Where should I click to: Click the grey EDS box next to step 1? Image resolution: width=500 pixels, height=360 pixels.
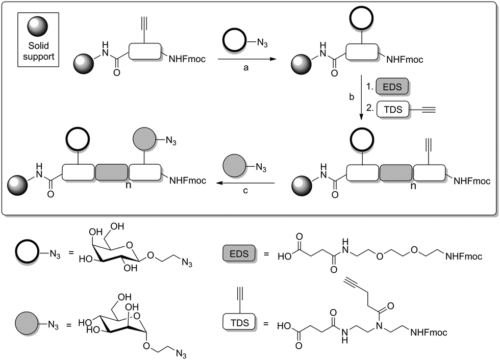pos(393,87)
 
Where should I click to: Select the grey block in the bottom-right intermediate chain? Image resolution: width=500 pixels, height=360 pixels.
pos(395,173)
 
